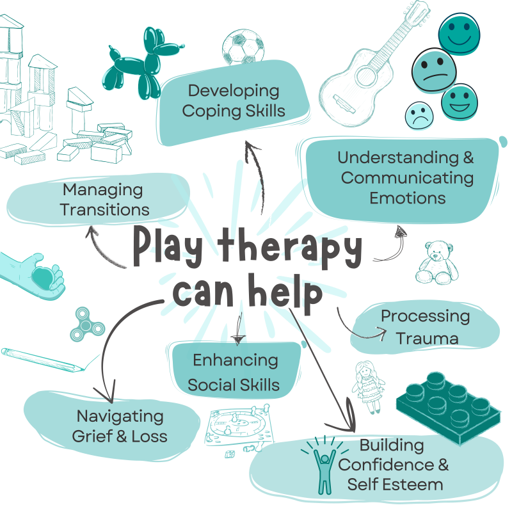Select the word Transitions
pos(106,209)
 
